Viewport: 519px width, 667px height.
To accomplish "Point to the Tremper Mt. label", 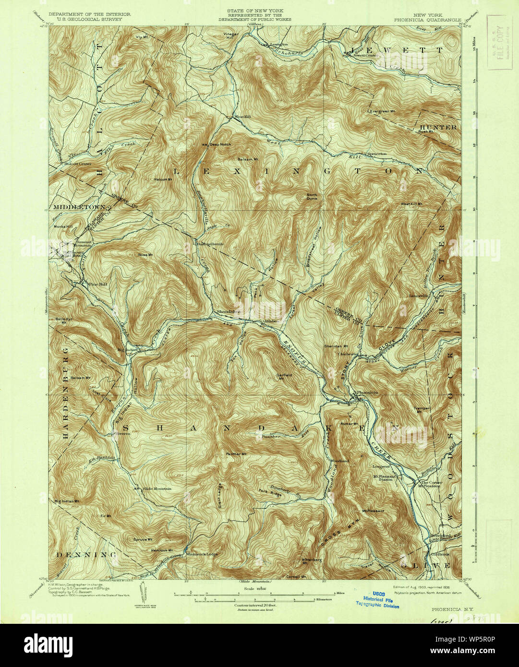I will [x=421, y=410].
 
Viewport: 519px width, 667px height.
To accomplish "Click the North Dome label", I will [x=313, y=196].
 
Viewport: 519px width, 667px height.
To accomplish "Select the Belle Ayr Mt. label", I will [x=60, y=320].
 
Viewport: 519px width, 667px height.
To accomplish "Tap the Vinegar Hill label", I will [x=231, y=36].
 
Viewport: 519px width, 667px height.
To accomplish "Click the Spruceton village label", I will [x=377, y=154].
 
